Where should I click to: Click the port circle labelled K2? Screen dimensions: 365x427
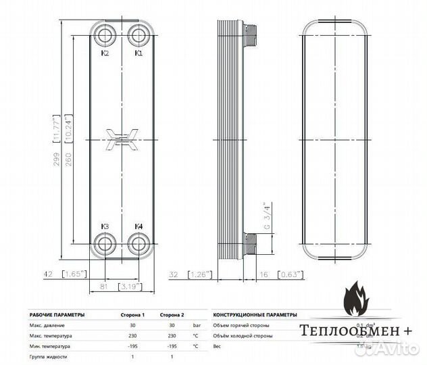tap(105, 34)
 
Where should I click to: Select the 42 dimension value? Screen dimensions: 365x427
tap(47, 275)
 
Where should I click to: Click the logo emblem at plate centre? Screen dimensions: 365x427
tap(122, 139)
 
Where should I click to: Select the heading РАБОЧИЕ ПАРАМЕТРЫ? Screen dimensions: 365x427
tap(57, 315)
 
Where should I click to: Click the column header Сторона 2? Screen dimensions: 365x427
tap(171, 315)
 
